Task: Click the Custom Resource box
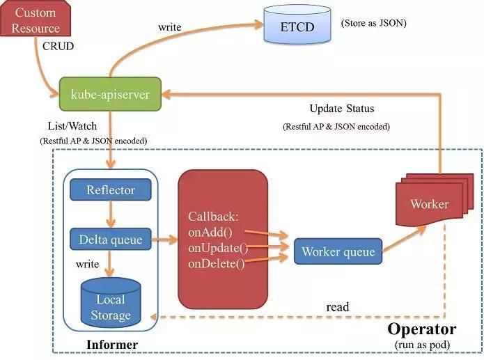tap(37, 21)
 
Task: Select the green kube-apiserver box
tap(110, 94)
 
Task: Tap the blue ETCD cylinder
tap(296, 28)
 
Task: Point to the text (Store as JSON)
tap(374, 23)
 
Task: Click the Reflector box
tap(111, 190)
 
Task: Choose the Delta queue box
tap(111, 240)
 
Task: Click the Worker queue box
tap(338, 252)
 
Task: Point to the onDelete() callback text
tap(217, 263)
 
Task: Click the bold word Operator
tap(422, 329)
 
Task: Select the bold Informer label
tap(111, 345)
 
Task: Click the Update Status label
tap(341, 109)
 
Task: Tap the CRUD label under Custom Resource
tap(58, 47)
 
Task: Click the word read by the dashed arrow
tap(338, 307)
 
